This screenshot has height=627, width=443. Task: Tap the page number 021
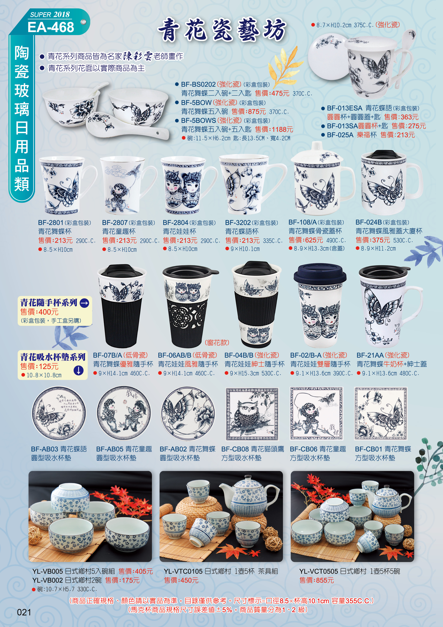24,612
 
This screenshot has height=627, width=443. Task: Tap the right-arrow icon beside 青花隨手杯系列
84,303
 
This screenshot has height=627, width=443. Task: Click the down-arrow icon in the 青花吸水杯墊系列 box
79,371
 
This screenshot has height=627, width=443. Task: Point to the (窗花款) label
217,342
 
